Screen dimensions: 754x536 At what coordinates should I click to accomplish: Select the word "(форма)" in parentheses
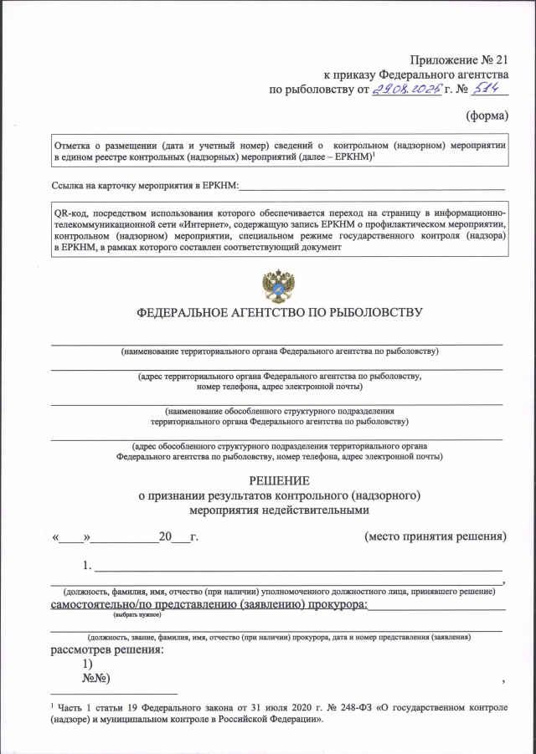[487, 116]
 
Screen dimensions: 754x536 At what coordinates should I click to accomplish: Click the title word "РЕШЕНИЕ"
[279, 480]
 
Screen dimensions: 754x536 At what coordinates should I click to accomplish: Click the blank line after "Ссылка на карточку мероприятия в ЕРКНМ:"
[373, 187]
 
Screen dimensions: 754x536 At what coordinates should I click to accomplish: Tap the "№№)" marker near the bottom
[97, 677]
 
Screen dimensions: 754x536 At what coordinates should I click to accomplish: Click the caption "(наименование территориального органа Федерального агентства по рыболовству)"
[279, 351]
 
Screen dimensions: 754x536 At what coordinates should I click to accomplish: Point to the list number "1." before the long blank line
[87, 564]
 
